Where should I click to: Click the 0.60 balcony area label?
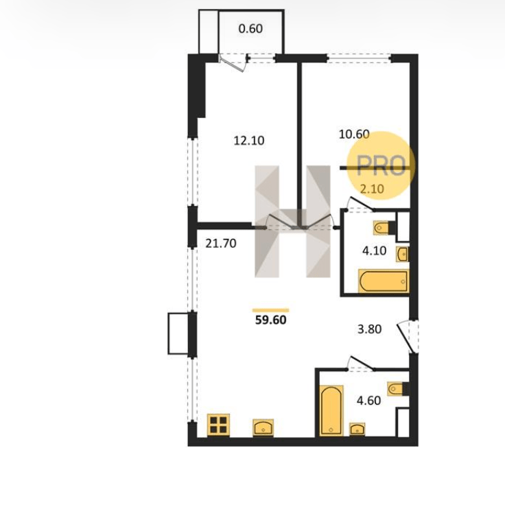point(250,29)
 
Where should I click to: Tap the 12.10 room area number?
point(249,141)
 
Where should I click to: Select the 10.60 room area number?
point(354,134)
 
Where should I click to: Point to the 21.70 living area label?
point(221,243)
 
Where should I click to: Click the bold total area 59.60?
point(270,320)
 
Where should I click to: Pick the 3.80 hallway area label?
point(370,329)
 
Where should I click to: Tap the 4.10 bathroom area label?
point(374,250)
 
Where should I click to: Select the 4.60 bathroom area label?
point(368,400)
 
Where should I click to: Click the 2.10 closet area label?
point(372,189)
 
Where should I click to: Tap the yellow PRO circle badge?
point(381,165)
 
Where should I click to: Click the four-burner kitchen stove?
point(218,425)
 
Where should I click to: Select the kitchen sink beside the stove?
point(263,427)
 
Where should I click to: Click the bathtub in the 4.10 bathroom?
point(384,281)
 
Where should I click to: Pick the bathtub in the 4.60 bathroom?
point(331,410)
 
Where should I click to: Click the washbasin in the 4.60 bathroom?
point(357,430)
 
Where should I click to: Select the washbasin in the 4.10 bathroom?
point(403,255)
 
